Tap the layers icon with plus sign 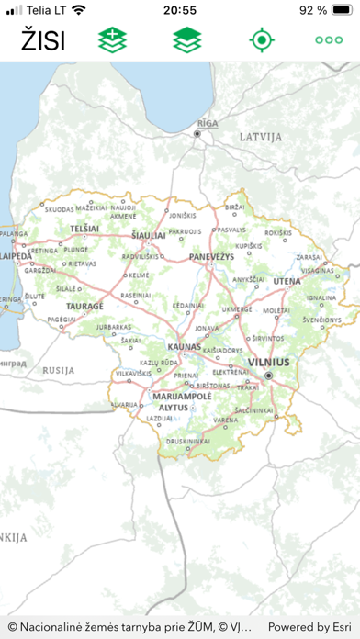112,40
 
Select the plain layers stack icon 187,40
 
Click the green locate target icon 262,40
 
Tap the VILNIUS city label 268,363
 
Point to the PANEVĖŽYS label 210,258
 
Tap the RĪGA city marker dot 197,133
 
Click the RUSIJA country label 57,370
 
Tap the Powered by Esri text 309,627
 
